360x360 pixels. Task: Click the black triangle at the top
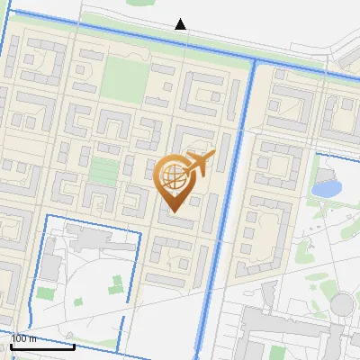(x=181, y=24)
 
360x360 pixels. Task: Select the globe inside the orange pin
(x=172, y=175)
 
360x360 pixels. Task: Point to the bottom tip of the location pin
(x=174, y=212)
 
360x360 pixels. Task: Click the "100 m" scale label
(x=23, y=338)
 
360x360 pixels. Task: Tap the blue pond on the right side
(x=326, y=189)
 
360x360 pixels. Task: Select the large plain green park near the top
(x=122, y=79)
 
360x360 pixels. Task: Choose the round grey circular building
(x=343, y=304)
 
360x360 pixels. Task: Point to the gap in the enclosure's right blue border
(x=131, y=310)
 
